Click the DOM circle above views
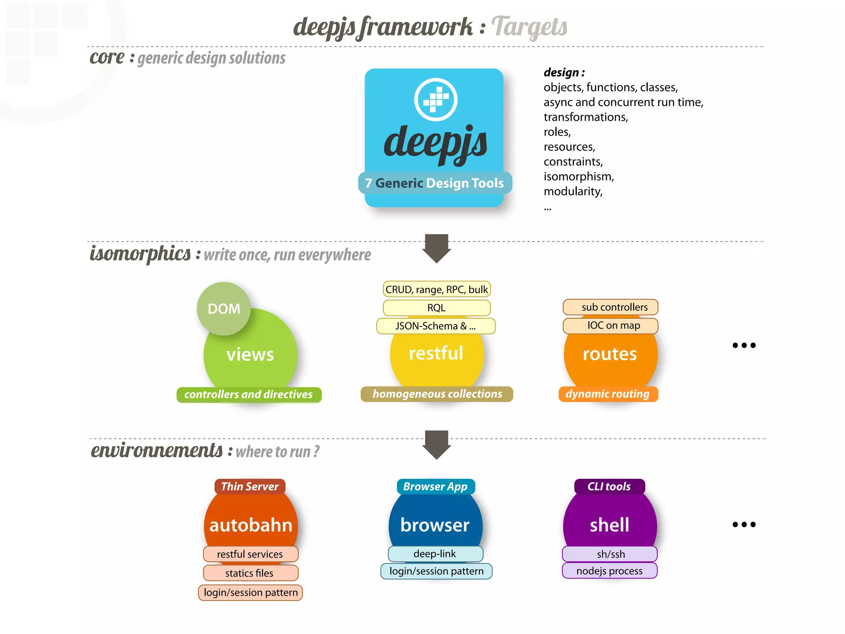tap(224, 308)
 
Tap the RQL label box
tap(437, 308)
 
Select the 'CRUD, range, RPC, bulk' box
tap(437, 289)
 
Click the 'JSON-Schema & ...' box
tap(436, 326)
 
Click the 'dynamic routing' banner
tap(608, 394)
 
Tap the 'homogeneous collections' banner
tap(437, 394)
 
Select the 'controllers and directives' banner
tap(249, 395)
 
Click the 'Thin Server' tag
tap(250, 486)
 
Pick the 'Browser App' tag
tap(435, 486)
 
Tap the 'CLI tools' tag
tap(609, 486)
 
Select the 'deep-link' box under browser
tap(435, 554)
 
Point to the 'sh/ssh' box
tap(610, 554)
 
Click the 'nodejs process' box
tap(609, 571)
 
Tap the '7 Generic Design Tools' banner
tap(434, 183)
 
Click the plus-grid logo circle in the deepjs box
tap(436, 99)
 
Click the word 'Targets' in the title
tap(529, 27)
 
